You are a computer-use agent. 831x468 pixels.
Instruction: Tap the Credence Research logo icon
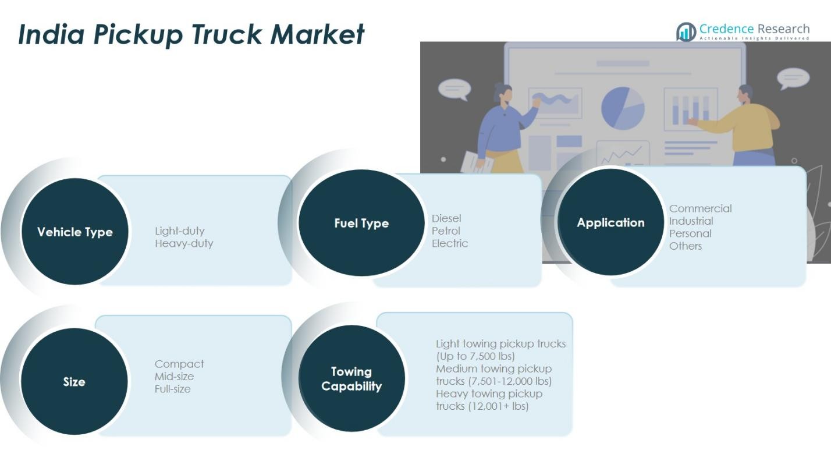(686, 32)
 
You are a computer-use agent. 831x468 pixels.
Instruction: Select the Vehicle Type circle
(74, 232)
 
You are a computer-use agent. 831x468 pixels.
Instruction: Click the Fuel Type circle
(361, 223)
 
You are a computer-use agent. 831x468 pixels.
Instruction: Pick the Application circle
(610, 222)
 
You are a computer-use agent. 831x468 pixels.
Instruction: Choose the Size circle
(74, 382)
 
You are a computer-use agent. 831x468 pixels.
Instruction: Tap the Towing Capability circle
(351, 379)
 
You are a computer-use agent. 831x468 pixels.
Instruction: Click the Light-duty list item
(180, 231)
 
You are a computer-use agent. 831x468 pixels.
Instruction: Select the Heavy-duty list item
(184, 243)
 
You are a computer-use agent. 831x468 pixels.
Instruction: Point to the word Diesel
(446, 218)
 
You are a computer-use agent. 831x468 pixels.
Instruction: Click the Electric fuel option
(450, 243)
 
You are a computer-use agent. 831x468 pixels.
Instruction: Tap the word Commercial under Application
(700, 208)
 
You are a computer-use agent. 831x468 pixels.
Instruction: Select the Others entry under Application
(686, 246)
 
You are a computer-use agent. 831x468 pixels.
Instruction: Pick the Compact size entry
(179, 364)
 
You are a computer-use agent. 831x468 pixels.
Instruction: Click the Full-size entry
(172, 389)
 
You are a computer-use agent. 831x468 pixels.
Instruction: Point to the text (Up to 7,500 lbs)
(475, 356)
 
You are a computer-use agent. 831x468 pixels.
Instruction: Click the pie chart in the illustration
(623, 108)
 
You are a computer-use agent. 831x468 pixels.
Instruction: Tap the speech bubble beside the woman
(453, 89)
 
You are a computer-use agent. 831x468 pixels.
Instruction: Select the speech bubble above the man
(793, 78)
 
